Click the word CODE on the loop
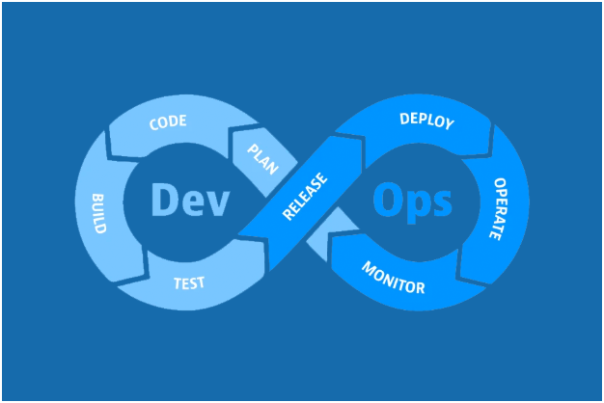click(x=168, y=122)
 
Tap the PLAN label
click(x=262, y=157)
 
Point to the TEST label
click(x=188, y=283)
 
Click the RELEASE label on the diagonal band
click(x=305, y=198)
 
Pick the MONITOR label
click(x=393, y=276)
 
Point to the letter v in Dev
click(x=219, y=203)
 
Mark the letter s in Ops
click(x=440, y=203)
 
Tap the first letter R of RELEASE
click(x=288, y=216)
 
